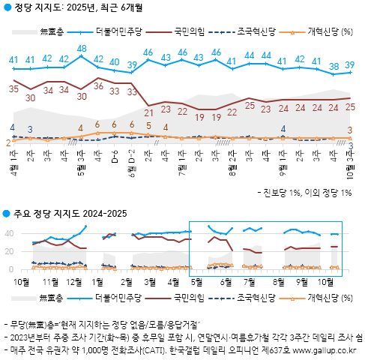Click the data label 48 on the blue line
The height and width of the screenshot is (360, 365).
point(81,49)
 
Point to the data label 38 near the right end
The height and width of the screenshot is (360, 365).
point(334,66)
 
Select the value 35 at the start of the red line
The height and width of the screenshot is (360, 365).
point(13,88)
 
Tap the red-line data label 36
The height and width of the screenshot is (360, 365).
point(98,86)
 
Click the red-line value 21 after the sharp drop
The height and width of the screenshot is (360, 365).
point(148,112)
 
